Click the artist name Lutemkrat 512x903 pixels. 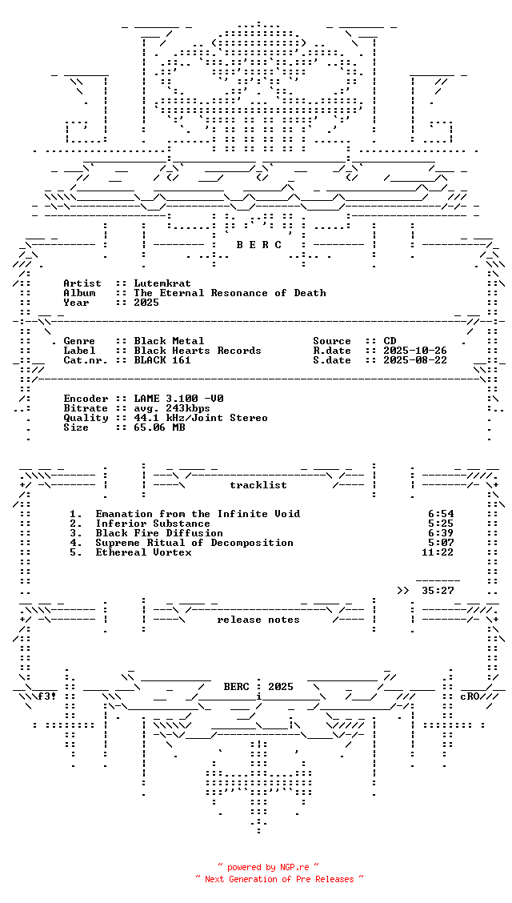[162, 283]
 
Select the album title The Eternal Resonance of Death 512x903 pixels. [230, 293]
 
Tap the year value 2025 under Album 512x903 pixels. [146, 303]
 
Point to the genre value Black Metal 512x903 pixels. [169, 341]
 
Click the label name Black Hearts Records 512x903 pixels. [198, 351]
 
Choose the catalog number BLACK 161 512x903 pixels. [162, 360]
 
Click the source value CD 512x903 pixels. [390, 341]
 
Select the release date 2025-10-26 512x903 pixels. [415, 351]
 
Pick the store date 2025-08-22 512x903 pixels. [415, 360]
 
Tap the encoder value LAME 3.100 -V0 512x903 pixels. [178, 399]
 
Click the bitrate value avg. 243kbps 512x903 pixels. [172, 408]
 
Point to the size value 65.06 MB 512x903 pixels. [159, 427]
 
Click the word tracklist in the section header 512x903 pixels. [258, 485]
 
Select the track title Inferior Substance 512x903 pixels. [153, 524]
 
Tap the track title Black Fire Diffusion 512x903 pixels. [159, 533]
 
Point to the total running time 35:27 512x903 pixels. [438, 591]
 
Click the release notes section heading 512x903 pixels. [258, 620]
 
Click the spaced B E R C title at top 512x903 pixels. [259, 245]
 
